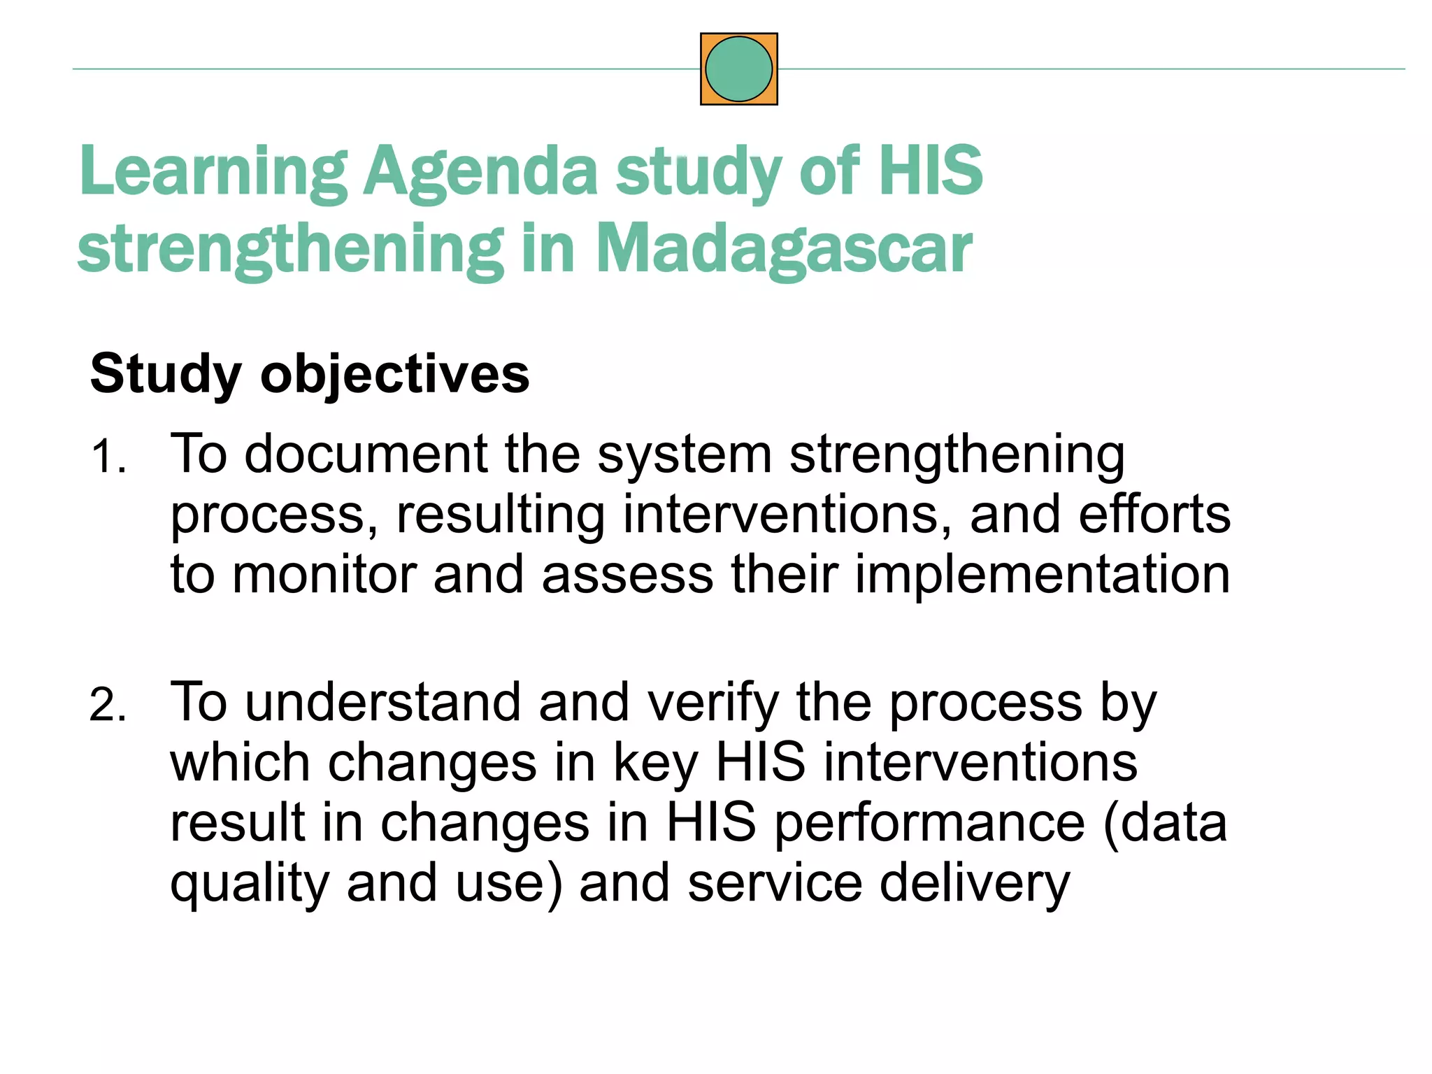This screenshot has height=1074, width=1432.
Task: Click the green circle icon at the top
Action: point(738,69)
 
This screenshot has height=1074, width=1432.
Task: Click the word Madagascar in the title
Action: point(783,248)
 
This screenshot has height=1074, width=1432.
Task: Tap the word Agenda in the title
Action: point(480,171)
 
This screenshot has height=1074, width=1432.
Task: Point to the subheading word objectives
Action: point(394,374)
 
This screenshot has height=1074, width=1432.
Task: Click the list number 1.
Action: point(108,457)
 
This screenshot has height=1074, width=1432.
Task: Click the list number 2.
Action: point(108,705)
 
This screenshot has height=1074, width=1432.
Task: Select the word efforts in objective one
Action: point(1154,515)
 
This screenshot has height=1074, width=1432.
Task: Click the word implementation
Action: point(1042,575)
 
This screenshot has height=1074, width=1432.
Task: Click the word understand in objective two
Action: point(382,702)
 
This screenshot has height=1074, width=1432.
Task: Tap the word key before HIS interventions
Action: point(655,764)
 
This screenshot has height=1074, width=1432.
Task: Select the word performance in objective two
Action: point(929,824)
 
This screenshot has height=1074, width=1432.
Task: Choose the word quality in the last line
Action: point(249,884)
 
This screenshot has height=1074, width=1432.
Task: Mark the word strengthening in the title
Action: point(290,248)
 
